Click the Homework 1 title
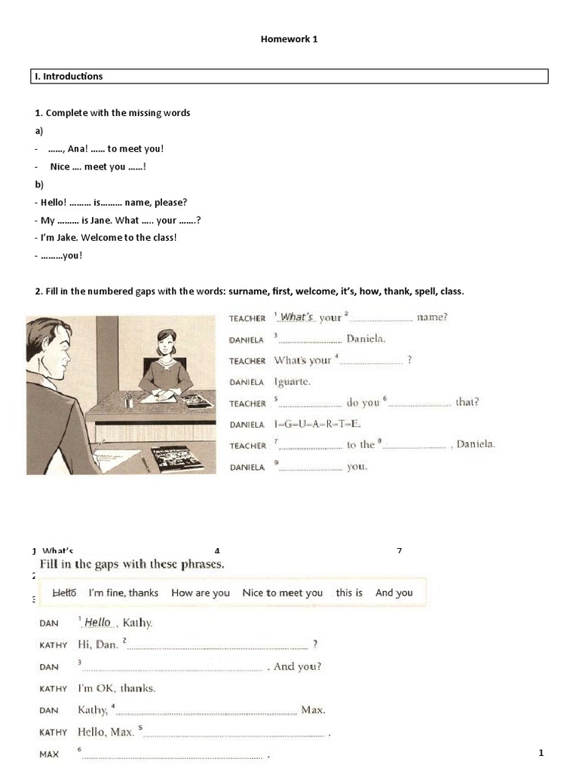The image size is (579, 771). (289, 39)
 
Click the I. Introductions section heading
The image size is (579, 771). (69, 76)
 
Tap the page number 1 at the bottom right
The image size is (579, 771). (541, 753)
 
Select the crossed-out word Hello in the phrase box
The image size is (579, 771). (64, 593)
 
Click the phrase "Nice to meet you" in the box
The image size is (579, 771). (282, 593)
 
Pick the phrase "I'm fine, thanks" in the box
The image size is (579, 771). (123, 593)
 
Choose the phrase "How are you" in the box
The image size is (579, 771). (201, 593)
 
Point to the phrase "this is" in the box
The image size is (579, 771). (349, 593)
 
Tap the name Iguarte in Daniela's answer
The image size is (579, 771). (293, 382)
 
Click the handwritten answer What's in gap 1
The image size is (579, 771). (296, 317)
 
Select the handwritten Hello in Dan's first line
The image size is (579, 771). (97, 622)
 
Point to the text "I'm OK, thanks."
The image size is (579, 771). (117, 687)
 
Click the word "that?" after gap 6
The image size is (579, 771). (467, 402)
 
